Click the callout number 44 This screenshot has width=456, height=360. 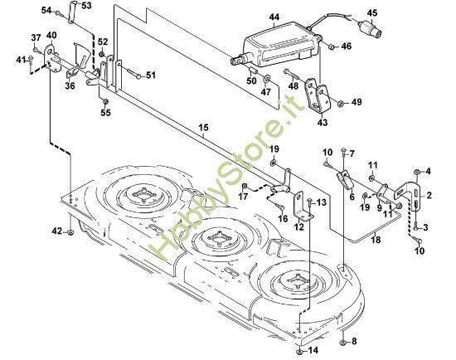(x=274, y=17)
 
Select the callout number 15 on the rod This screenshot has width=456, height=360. (x=203, y=127)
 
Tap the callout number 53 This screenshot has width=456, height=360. (x=87, y=6)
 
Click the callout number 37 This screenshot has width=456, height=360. (x=36, y=38)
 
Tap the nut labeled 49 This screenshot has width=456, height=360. (x=340, y=104)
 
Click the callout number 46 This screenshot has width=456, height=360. (x=347, y=46)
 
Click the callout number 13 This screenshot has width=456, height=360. (x=322, y=202)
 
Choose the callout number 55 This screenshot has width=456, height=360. (x=105, y=112)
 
